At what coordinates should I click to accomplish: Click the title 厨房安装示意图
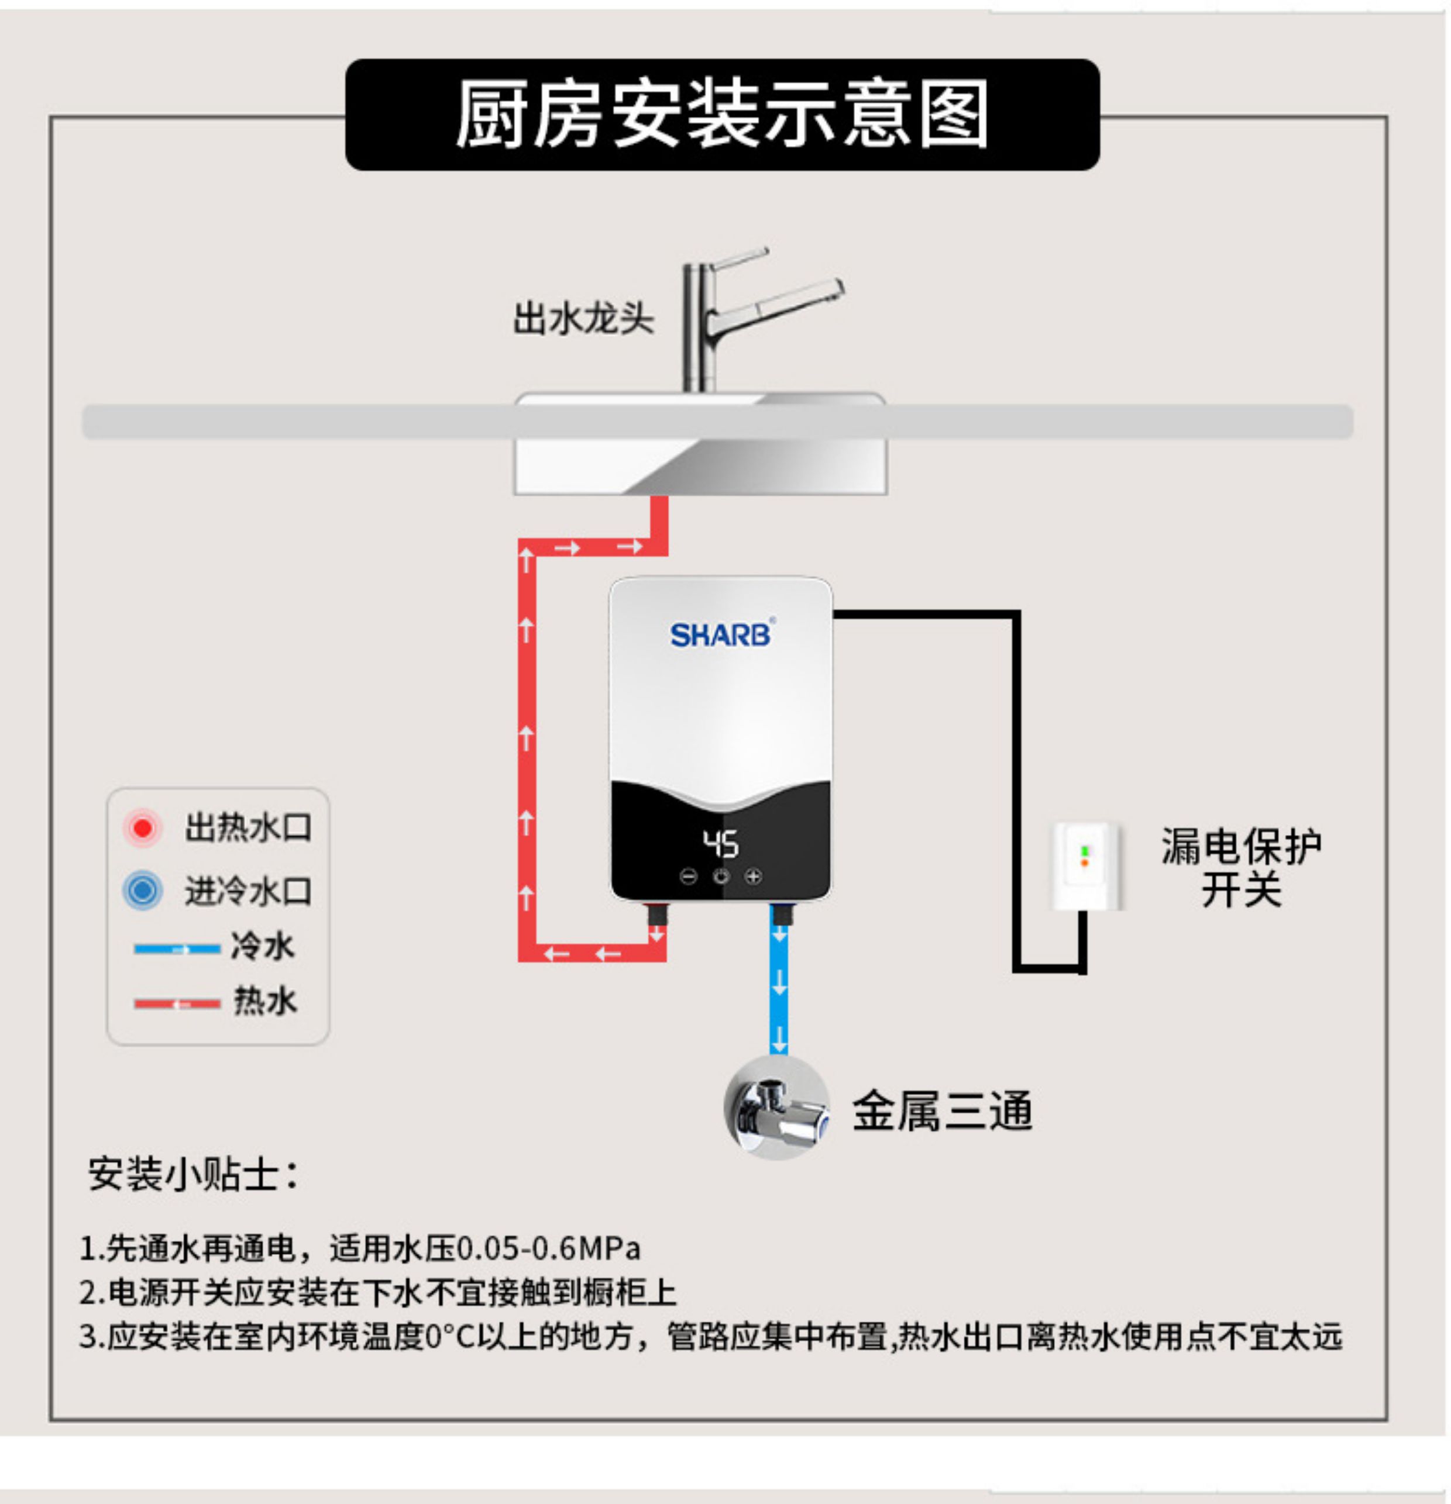pyautogui.click(x=721, y=115)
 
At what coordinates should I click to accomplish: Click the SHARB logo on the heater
pyautogui.click(x=720, y=634)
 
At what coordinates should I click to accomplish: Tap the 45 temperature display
pyautogui.click(x=721, y=843)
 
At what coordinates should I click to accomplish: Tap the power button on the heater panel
pyautogui.click(x=721, y=877)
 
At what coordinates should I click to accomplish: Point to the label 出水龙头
pyautogui.click(x=583, y=319)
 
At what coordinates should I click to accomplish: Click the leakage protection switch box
pyautogui.click(x=1085, y=865)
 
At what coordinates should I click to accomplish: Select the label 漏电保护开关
pyautogui.click(x=1240, y=867)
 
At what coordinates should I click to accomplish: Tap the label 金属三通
pyautogui.click(x=942, y=1110)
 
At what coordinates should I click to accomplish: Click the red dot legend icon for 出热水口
pyautogui.click(x=142, y=828)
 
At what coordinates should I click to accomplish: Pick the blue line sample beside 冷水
pyautogui.click(x=177, y=949)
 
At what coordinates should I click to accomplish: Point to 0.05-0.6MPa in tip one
pyautogui.click(x=548, y=1248)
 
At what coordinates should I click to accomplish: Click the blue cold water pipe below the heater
pyautogui.click(x=779, y=990)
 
